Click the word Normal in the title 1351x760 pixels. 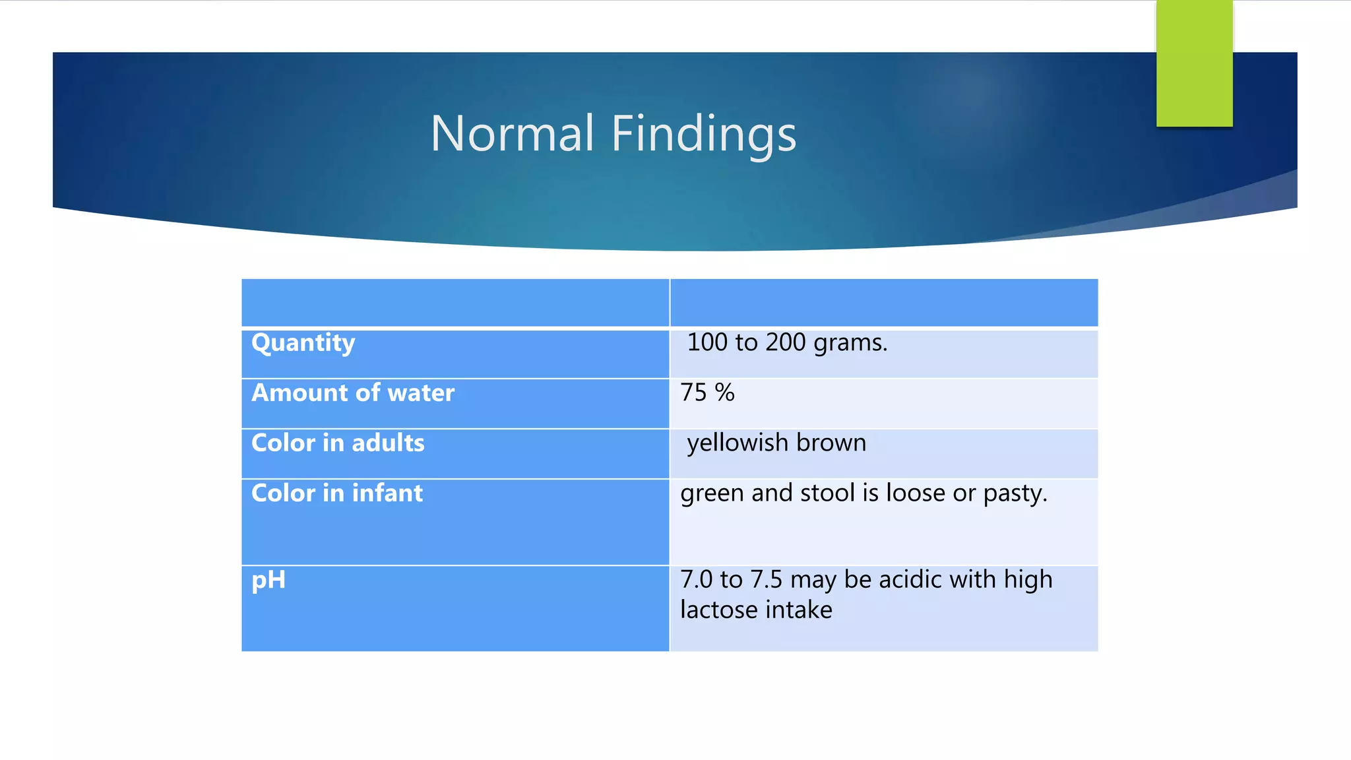512,133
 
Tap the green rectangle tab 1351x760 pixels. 1194,63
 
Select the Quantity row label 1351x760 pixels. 303,343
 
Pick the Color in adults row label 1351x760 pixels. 338,443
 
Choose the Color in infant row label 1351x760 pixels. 337,493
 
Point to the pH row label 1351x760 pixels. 268,581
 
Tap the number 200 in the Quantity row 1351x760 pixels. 785,342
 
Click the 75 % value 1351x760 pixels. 707,393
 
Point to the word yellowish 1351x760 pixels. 738,443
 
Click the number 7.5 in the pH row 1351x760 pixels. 766,580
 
